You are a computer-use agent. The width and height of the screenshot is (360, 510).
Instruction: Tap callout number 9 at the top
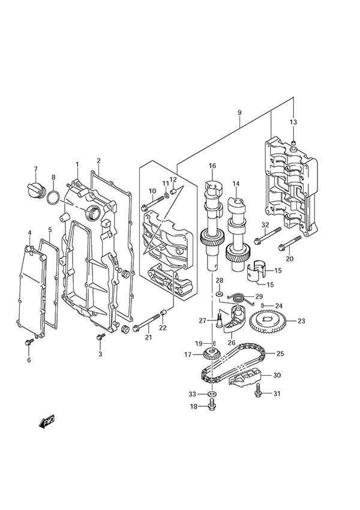(239, 112)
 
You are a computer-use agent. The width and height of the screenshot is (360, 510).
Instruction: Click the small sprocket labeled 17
(209, 355)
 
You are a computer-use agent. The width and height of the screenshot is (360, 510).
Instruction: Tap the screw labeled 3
(100, 338)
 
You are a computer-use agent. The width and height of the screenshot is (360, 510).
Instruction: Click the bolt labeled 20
(289, 245)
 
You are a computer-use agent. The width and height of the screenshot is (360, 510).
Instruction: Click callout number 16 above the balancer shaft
(212, 166)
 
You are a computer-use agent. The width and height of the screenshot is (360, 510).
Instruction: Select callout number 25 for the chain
(280, 353)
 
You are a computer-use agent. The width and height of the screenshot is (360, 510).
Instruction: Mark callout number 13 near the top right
(293, 122)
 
